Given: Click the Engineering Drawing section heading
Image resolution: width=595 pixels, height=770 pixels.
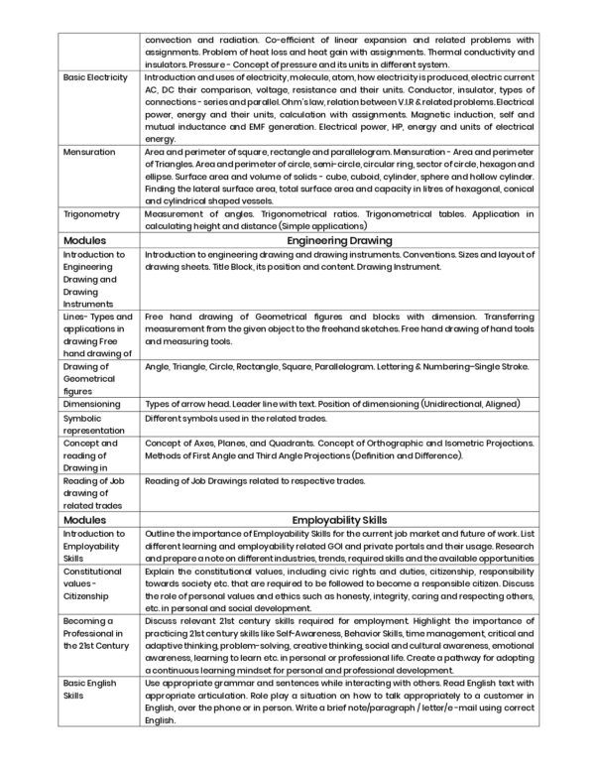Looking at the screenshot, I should (x=338, y=240).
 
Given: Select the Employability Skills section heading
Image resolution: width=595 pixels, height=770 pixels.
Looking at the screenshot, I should (x=338, y=518).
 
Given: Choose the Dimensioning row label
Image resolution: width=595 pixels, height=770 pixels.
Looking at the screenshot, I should (x=91, y=404).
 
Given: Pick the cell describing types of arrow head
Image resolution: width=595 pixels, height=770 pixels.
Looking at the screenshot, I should (x=328, y=404).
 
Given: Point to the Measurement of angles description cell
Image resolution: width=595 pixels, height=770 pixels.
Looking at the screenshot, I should (x=338, y=219).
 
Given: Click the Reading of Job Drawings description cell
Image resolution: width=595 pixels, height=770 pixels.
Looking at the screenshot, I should (x=255, y=481).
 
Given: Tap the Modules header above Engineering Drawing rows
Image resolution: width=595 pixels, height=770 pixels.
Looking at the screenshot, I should (x=85, y=240).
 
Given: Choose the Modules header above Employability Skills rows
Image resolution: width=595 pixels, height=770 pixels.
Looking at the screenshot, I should (x=85, y=518).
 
